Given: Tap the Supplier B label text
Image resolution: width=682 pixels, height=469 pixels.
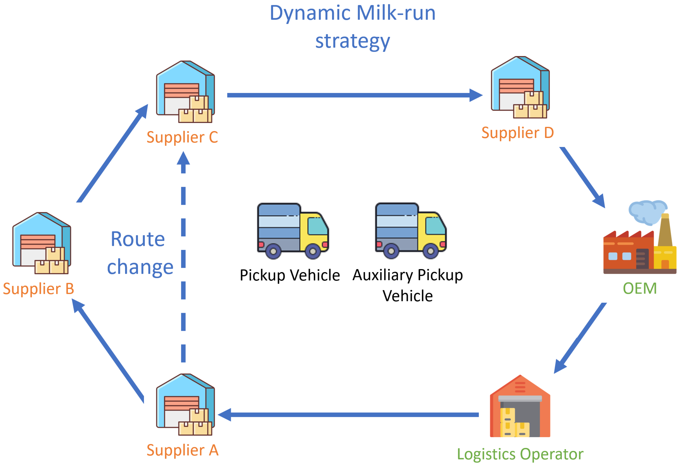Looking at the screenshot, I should coord(39,289).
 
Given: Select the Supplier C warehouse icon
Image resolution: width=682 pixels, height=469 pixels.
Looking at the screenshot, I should coord(186,92).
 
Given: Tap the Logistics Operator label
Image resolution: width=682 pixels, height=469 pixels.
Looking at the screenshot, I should coord(520,455).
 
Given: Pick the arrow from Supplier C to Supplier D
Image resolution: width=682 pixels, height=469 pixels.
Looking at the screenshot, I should coord(352,95).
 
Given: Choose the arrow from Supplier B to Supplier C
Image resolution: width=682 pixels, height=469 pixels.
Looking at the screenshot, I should coord(113,153).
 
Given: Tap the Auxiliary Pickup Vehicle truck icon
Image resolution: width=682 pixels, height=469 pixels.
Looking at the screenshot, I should coord(411,231).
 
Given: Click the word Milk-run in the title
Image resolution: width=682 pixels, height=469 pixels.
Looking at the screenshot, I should coord(396,13).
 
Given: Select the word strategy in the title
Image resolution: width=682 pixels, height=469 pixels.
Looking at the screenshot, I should coord(353,41).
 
